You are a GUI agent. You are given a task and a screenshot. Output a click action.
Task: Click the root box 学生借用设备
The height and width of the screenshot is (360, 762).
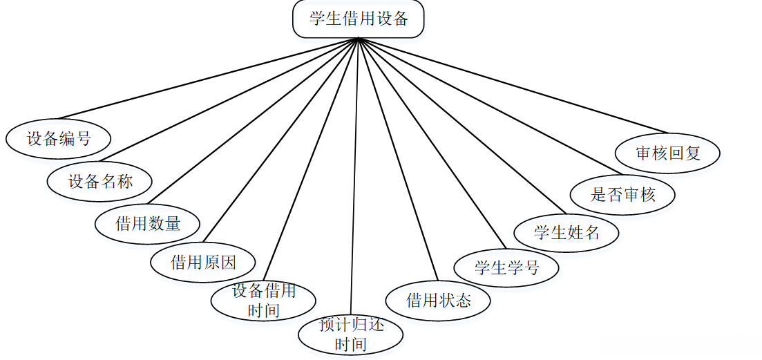click(359, 19)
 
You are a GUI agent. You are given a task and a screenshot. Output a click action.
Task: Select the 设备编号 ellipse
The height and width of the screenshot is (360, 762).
click(59, 139)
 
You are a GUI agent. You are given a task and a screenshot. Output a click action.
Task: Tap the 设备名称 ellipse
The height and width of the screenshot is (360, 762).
click(100, 182)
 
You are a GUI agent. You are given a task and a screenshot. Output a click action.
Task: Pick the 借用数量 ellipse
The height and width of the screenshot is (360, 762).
click(148, 224)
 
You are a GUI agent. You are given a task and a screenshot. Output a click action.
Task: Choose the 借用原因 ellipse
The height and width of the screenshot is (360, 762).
click(203, 263)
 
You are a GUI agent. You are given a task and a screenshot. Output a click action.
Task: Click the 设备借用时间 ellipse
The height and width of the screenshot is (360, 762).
click(263, 301)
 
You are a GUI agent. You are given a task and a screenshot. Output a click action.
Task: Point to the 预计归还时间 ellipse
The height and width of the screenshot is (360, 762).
click(350, 334)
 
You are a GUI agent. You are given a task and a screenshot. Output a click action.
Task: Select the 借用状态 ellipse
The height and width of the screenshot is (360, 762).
click(438, 300)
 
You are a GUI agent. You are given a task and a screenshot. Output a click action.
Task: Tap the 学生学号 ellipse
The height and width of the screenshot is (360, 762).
click(506, 267)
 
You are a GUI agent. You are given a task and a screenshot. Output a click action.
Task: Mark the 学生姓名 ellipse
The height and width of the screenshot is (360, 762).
click(566, 232)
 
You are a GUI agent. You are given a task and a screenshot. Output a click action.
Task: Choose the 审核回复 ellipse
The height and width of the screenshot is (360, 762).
click(668, 153)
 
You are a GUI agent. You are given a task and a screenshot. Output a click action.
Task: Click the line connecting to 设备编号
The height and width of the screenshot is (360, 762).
click(207, 78)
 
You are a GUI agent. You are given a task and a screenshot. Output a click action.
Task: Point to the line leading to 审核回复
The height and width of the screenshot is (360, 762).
click(514, 85)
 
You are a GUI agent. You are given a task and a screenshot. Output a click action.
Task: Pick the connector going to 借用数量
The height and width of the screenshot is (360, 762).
click(253, 122)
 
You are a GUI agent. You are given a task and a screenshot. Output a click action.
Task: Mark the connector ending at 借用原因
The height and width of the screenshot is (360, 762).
click(280, 141)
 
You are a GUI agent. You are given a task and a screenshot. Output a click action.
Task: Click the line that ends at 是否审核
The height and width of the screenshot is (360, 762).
click(489, 106)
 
